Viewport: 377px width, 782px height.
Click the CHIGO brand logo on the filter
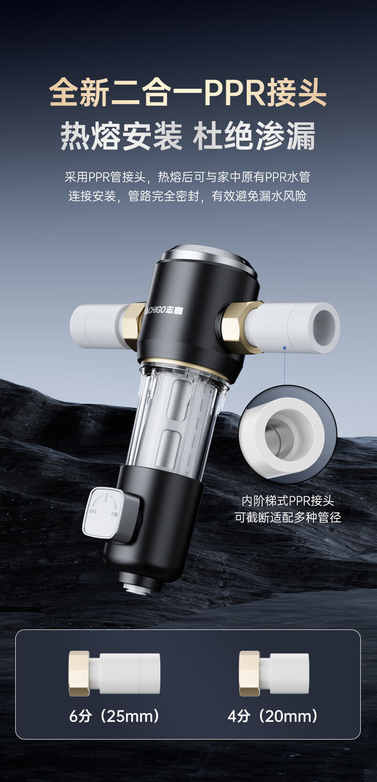tap(164, 309)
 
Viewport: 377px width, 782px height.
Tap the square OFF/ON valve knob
tap(104, 513)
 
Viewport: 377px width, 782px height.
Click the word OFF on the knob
tap(93, 511)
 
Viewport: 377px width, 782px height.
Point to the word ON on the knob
tap(115, 514)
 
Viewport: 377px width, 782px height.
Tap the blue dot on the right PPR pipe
tap(285, 348)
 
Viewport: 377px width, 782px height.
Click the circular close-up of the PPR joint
tap(288, 435)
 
